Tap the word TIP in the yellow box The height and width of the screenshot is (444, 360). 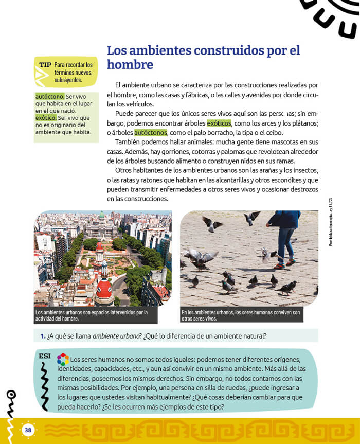click(x=45, y=65)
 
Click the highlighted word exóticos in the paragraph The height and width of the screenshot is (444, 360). click(x=219, y=123)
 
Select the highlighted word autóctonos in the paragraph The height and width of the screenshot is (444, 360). click(x=151, y=132)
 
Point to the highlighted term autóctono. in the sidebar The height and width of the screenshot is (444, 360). click(x=50, y=96)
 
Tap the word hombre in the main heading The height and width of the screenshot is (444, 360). click(x=130, y=65)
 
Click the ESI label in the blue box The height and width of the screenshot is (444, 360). click(x=44, y=356)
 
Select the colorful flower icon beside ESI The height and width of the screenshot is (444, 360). click(x=62, y=359)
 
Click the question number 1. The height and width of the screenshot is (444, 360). click(x=43, y=336)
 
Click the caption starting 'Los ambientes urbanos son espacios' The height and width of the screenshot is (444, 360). click(x=92, y=315)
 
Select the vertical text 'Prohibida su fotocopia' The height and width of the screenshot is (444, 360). click(x=331, y=222)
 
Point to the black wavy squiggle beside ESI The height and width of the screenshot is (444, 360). click(x=45, y=383)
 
